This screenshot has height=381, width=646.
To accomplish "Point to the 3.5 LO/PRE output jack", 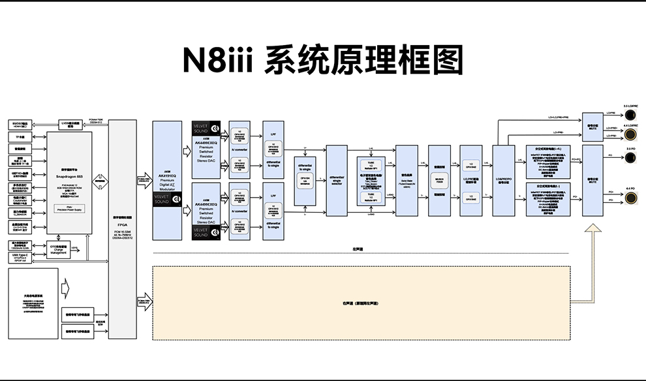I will click(631, 114).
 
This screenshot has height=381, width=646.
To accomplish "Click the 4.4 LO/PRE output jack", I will click(631, 134).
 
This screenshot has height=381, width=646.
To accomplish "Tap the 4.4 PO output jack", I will click(631, 200).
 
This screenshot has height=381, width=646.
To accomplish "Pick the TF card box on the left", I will click(21, 137).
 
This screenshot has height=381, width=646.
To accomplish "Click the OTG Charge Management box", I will click(59, 248).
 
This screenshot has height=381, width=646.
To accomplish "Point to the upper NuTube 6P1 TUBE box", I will click(371, 165).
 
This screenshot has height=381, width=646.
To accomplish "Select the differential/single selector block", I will click(336, 181).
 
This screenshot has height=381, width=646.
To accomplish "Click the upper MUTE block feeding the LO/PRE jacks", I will click(592, 127).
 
